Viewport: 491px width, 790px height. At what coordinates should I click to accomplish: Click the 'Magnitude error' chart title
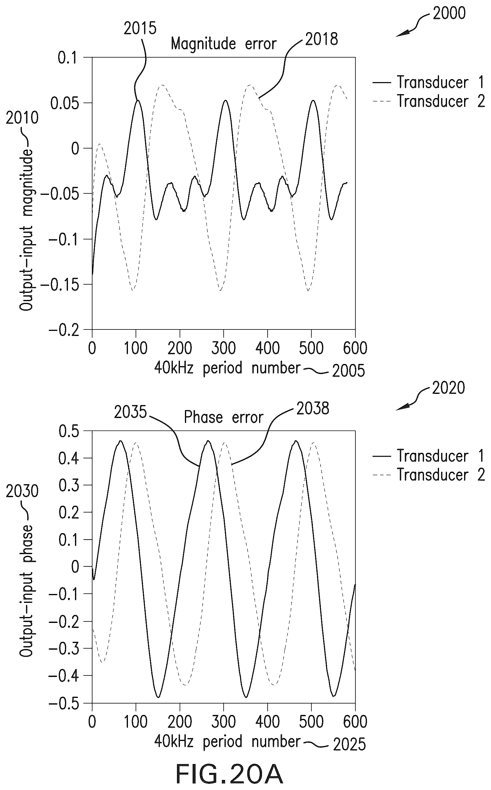223,43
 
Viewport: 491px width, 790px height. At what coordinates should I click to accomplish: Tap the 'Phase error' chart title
223,417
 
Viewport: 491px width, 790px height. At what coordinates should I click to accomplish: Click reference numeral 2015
140,29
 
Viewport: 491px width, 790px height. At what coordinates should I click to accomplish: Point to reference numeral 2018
321,39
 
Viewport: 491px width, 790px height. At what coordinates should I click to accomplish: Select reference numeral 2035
131,412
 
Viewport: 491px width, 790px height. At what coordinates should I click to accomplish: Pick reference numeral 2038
313,409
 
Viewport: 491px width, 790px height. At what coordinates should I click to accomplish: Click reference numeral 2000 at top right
449,13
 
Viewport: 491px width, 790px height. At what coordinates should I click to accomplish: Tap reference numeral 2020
448,388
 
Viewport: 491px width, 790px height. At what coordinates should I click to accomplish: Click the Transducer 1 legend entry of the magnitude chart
429,82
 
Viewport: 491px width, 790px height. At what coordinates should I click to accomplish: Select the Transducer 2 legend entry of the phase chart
429,475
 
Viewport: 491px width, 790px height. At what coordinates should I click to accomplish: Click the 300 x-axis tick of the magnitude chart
223,348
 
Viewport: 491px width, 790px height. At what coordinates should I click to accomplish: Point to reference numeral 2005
348,371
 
